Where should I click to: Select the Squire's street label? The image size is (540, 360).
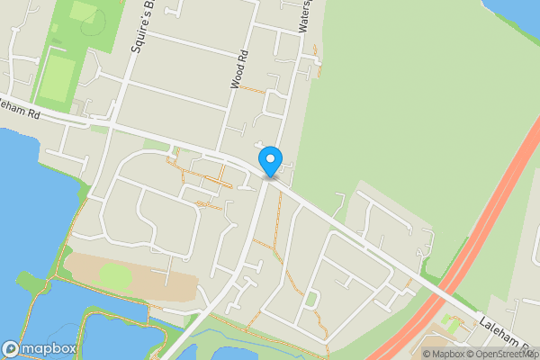(x=138, y=27)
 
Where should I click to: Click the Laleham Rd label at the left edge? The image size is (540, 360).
(x=20, y=111)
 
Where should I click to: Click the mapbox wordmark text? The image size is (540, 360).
(x=49, y=348)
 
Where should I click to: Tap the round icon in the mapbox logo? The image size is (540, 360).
(x=11, y=348)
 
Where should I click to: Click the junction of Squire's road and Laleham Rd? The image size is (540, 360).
(x=120, y=126)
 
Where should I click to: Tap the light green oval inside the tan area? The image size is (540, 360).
(x=114, y=274)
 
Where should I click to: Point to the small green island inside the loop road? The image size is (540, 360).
(x=310, y=298)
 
